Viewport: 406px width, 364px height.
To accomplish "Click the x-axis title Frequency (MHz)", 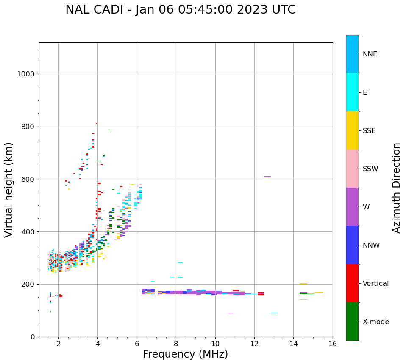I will pos(185,354).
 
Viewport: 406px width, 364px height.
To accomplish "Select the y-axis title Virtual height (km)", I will pos(9,189).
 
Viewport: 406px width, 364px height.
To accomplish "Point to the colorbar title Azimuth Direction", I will pos(396,188).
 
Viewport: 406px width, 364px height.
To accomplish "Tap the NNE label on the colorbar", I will pos(370,54).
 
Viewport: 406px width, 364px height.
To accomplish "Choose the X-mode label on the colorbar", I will pos(375,322).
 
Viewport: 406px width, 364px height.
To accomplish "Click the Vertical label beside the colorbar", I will pos(375,284).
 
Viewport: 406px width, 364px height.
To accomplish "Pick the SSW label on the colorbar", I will pos(370,169).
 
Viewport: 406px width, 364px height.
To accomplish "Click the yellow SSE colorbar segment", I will pos(352,130).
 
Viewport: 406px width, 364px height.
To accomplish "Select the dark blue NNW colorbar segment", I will pos(352,245).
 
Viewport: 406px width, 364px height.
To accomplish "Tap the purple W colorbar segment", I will pos(352,207).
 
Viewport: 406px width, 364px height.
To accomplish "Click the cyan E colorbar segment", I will pos(352,92).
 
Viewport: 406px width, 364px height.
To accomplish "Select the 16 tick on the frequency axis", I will pos(333,344).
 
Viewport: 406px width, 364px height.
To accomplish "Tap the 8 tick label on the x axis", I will pos(176,344).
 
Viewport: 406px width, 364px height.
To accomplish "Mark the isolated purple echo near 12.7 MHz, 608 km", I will pos(267,177).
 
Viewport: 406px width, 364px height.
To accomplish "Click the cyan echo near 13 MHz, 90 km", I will pos(274,313).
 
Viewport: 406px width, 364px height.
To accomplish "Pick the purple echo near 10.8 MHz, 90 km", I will pos(230,313).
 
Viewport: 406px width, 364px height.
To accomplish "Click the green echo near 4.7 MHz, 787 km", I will pos(111,130).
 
